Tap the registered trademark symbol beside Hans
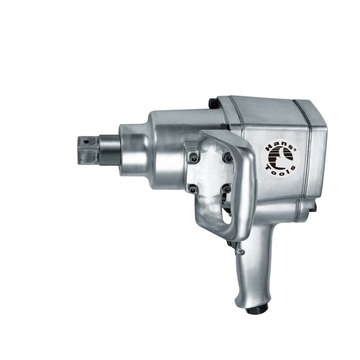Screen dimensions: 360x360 [x=295, y=149]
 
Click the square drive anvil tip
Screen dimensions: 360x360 [x=88, y=150]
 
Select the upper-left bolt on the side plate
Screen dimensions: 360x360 [x=193, y=157]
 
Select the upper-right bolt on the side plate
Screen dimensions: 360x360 [x=228, y=157]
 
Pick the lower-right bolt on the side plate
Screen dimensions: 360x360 [x=226, y=189]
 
